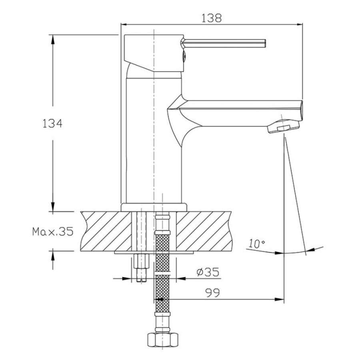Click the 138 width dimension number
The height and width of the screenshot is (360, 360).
point(212,18)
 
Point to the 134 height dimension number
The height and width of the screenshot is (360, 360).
point(52,124)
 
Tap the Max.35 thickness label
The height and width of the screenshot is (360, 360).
point(53,232)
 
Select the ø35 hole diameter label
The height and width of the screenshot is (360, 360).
point(208,272)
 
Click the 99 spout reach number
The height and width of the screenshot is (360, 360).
point(212,293)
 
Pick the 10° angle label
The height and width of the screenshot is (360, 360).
point(257,244)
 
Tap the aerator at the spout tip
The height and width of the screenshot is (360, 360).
point(284,127)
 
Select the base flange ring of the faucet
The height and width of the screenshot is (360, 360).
point(154,207)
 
